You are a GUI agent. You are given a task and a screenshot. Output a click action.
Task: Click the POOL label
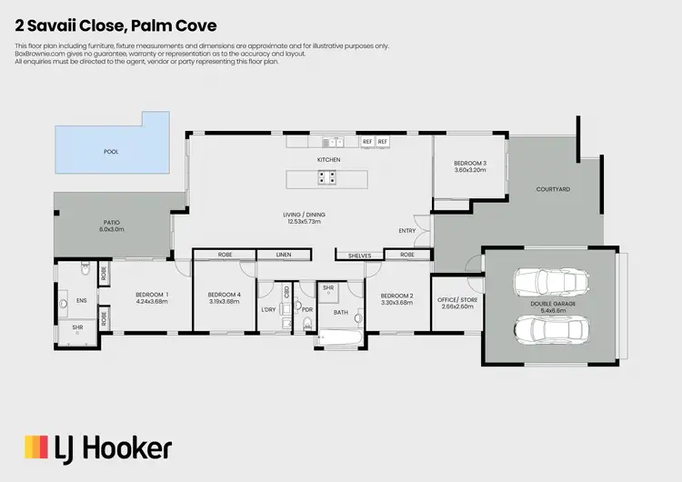tap(110, 152)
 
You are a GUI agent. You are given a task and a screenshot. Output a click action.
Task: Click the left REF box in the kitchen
tap(367, 142)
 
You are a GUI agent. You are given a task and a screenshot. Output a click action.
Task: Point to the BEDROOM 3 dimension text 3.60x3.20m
tap(470, 170)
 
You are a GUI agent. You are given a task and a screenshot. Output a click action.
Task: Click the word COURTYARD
tap(552, 189)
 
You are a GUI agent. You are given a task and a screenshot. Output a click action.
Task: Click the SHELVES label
tap(360, 256)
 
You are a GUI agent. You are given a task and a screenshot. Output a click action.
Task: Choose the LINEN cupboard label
tap(284, 256)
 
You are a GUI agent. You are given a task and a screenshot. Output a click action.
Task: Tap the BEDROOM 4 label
tap(224, 295)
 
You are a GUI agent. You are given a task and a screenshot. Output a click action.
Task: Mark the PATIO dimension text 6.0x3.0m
tap(111, 229)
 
